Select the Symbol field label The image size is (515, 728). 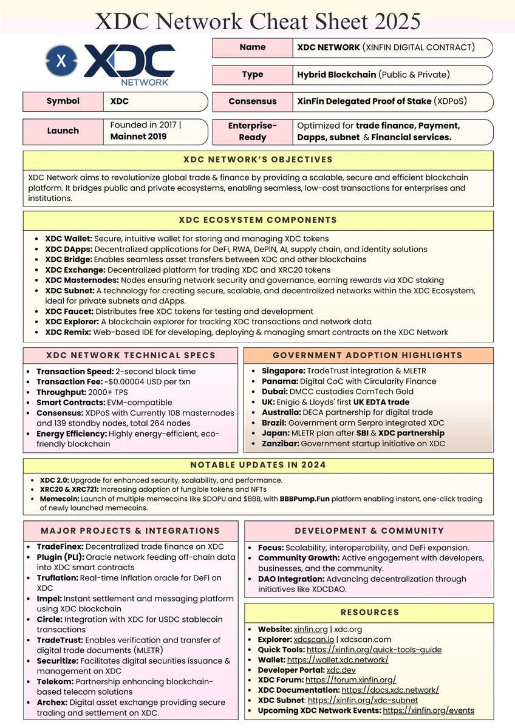63,101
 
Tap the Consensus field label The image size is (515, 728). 253,101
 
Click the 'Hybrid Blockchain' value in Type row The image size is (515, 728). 336,75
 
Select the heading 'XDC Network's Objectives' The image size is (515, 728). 257,160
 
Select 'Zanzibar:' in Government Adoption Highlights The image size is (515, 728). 280,443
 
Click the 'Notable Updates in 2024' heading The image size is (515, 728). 257,465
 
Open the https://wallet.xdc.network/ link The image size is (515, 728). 337,659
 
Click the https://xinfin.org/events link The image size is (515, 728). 428,710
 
